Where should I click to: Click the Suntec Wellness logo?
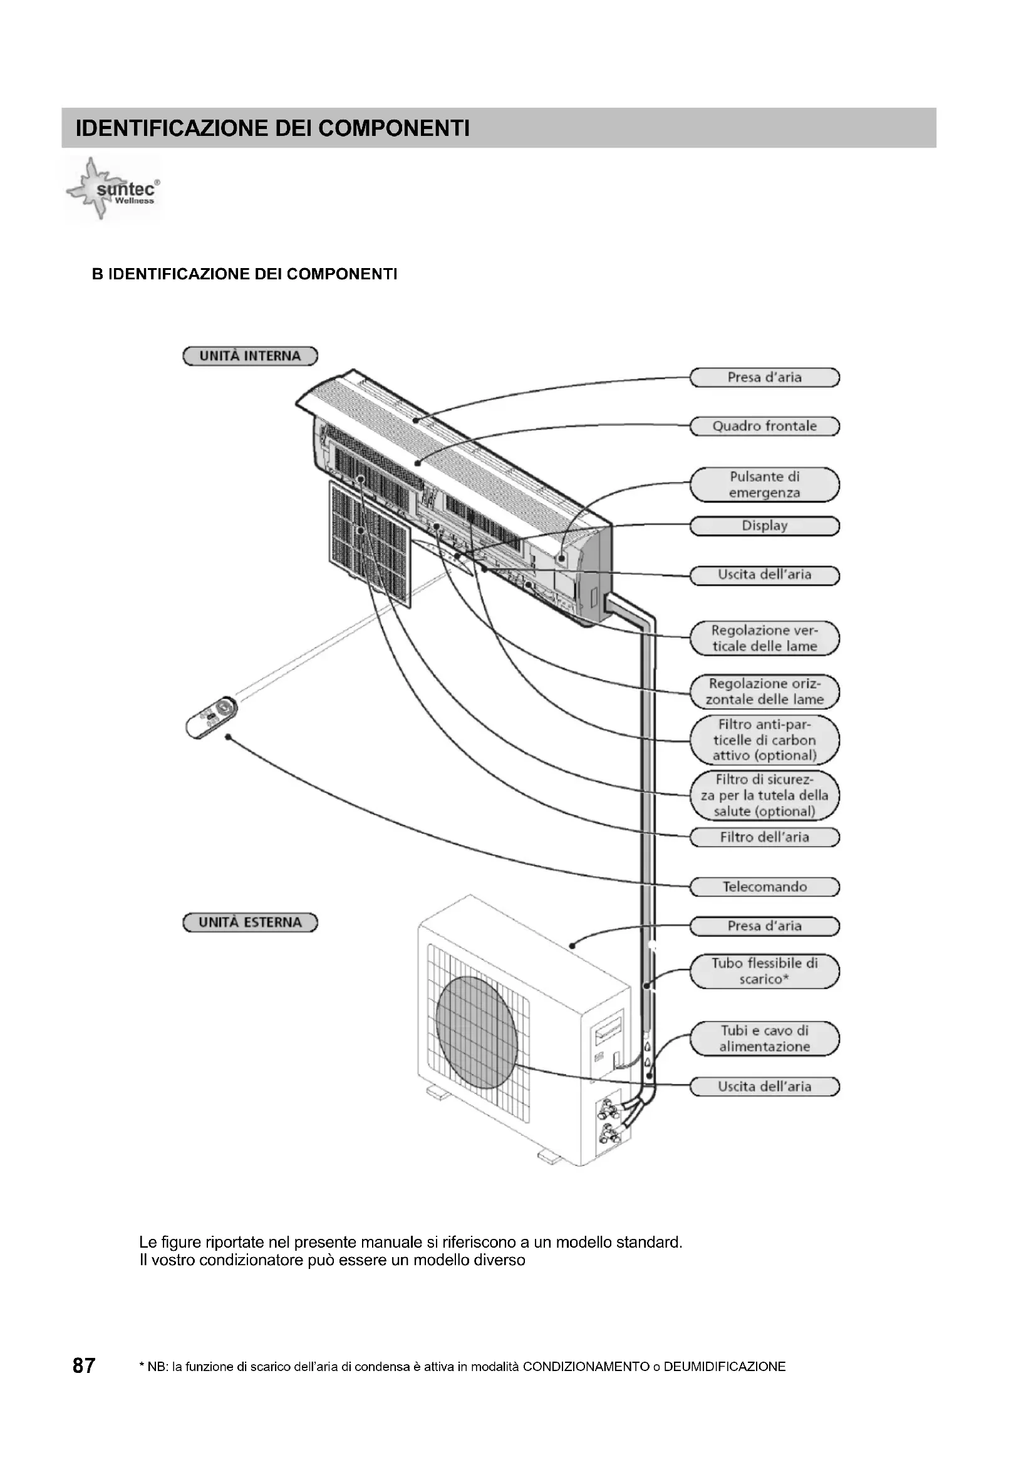pyautogui.click(x=113, y=190)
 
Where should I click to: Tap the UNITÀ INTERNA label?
pyautogui.click(x=250, y=356)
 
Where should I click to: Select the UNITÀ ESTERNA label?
pyautogui.click(x=250, y=923)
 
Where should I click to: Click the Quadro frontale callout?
pyautogui.click(x=764, y=427)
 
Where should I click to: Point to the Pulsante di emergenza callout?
pyautogui.click(x=764, y=485)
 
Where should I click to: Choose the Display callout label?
pyautogui.click(x=764, y=525)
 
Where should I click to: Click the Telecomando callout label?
pyautogui.click(x=764, y=886)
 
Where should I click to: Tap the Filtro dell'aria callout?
pyautogui.click(x=764, y=837)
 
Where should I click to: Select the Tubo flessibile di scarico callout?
pyautogui.click(x=764, y=971)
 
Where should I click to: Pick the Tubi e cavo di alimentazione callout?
pyautogui.click(x=764, y=1038)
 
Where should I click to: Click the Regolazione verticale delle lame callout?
pyautogui.click(x=764, y=638)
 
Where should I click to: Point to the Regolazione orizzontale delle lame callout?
pyautogui.click(x=764, y=691)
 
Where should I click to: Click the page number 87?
pyautogui.click(x=84, y=1366)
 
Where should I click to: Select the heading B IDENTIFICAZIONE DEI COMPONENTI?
pyautogui.click(x=244, y=274)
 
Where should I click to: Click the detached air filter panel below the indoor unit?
pyautogui.click(x=370, y=544)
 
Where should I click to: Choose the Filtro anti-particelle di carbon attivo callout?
pyautogui.click(x=764, y=740)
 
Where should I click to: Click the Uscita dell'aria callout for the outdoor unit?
pyautogui.click(x=764, y=1087)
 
